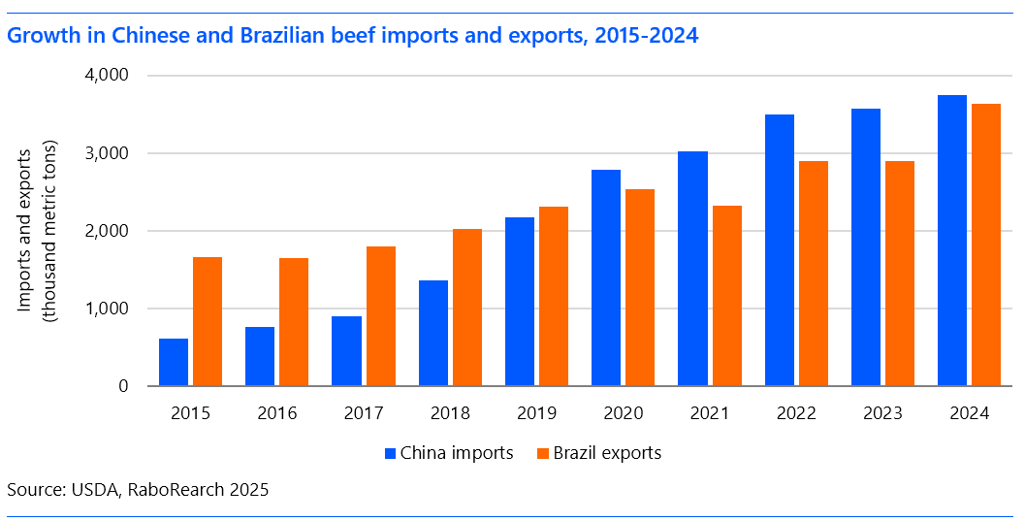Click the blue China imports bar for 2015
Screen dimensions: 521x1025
(x=174, y=362)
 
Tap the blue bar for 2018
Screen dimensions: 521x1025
(x=433, y=333)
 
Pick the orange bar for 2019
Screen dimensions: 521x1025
(x=554, y=296)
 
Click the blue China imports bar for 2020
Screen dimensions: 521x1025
(x=606, y=277)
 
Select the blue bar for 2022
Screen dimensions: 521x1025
(x=780, y=250)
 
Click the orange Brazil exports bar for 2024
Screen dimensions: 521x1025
(x=986, y=244)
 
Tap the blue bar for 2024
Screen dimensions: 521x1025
(x=952, y=241)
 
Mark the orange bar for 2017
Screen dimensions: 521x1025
(x=380, y=316)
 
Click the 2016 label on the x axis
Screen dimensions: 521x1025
(x=277, y=413)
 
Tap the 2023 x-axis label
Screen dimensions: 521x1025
(x=882, y=413)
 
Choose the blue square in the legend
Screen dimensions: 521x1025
(x=390, y=453)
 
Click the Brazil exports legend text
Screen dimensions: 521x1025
(x=607, y=453)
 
